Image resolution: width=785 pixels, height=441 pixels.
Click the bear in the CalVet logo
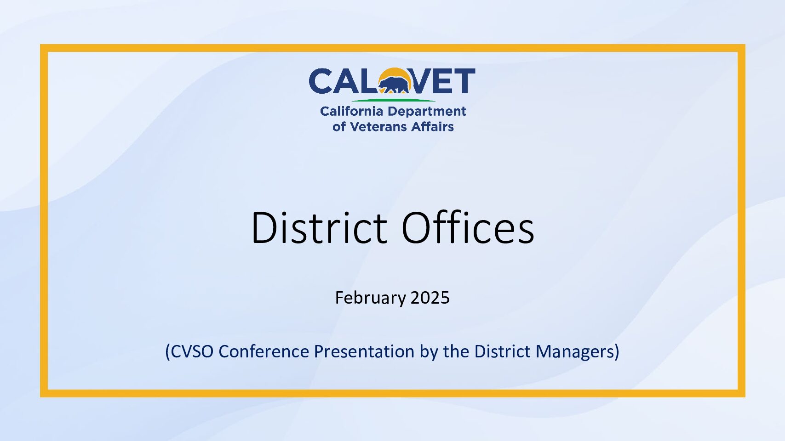click(394, 85)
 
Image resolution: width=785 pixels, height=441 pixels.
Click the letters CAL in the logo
click(344, 81)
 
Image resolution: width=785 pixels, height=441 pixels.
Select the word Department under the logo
click(426, 112)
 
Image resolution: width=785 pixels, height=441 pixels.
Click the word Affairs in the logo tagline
click(432, 126)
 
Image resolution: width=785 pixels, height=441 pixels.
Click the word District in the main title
click(319, 227)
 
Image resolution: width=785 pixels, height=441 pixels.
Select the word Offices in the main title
click(468, 227)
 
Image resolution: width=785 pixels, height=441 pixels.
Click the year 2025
click(430, 298)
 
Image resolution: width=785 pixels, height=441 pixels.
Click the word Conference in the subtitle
click(264, 351)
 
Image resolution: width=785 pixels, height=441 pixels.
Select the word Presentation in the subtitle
click(364, 351)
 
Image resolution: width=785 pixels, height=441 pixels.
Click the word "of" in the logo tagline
click(339, 126)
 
